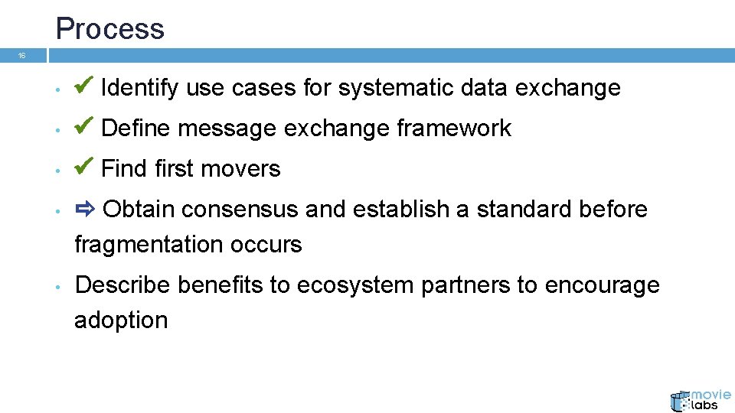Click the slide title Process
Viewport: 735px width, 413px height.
(x=109, y=29)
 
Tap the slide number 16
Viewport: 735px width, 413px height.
(x=22, y=56)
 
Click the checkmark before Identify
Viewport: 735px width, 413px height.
(x=85, y=86)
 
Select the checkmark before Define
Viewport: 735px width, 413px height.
(x=85, y=126)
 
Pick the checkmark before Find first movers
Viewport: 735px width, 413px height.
(x=85, y=167)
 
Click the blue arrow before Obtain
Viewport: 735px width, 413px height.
(x=85, y=208)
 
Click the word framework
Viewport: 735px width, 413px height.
(x=453, y=128)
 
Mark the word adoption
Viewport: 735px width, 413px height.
(x=121, y=320)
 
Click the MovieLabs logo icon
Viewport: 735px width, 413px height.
(x=680, y=402)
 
